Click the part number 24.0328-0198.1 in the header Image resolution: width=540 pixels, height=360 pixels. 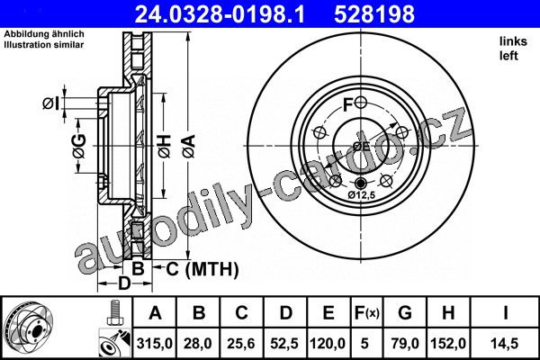(220, 14)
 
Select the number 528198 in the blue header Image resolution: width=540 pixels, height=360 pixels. (374, 14)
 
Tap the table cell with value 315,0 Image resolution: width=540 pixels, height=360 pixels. (155, 343)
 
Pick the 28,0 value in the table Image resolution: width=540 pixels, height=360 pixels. (199, 343)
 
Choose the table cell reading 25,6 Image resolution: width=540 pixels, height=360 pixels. (241, 343)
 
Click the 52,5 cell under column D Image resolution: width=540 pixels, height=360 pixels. (284, 343)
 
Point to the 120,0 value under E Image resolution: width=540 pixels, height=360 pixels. (328, 343)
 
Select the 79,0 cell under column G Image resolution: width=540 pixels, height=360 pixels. (405, 343)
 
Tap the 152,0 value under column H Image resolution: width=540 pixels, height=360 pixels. (448, 343)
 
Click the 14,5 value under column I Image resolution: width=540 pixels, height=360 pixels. (505, 343)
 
